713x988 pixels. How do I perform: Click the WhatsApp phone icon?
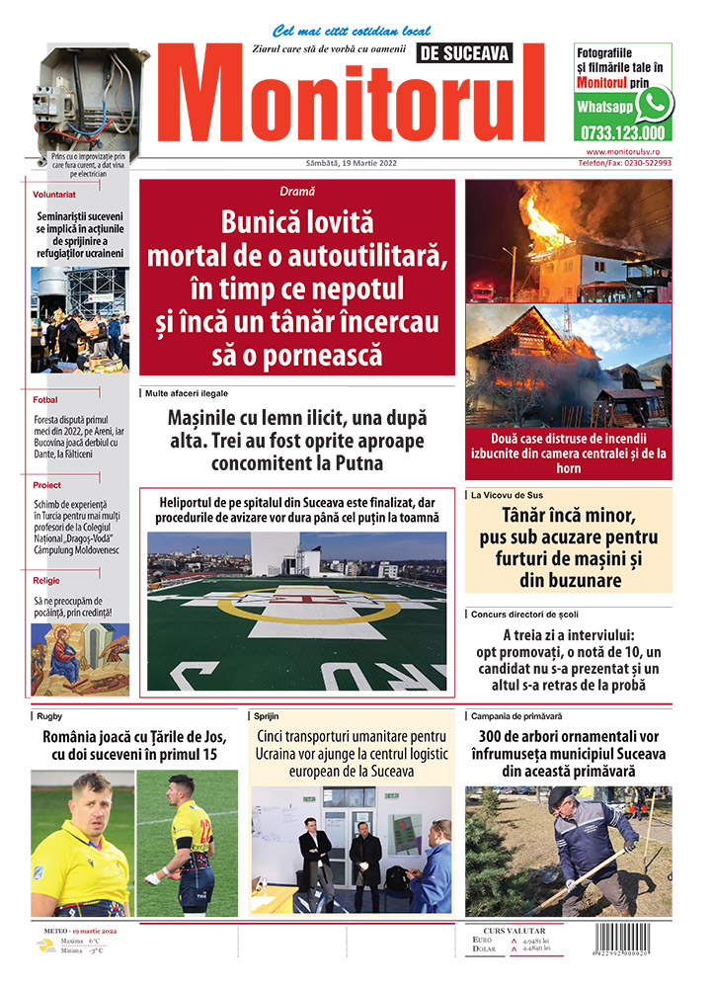653,104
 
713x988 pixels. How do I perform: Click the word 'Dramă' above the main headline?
297,191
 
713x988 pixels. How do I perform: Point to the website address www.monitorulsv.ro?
628,152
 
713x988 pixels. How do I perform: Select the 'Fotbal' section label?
45,400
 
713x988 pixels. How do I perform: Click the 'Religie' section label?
46,580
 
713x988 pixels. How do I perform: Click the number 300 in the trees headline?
497,736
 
